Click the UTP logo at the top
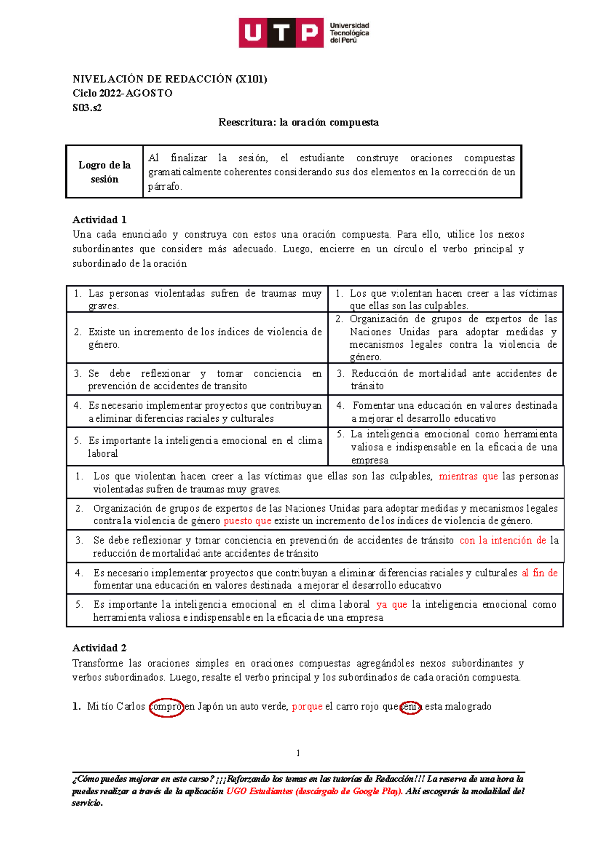[x=303, y=33]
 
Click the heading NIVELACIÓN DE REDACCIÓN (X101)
[x=170, y=79]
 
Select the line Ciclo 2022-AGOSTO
[x=122, y=93]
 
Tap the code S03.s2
[x=87, y=108]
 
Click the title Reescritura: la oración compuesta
[x=298, y=122]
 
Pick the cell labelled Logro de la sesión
[x=104, y=172]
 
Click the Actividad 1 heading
[x=99, y=220]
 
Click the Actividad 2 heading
[x=99, y=648]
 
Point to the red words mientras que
[x=468, y=476]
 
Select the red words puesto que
[x=247, y=521]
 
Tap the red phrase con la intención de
[x=502, y=540]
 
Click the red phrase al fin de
[x=540, y=573]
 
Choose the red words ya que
[x=392, y=605]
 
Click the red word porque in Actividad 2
[x=307, y=706]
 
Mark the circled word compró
[x=166, y=706]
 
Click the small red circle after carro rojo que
[x=411, y=706]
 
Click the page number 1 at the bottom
[x=298, y=753]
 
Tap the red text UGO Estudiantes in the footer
[x=259, y=791]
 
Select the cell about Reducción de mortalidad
[x=446, y=379]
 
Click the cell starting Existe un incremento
[x=198, y=338]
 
